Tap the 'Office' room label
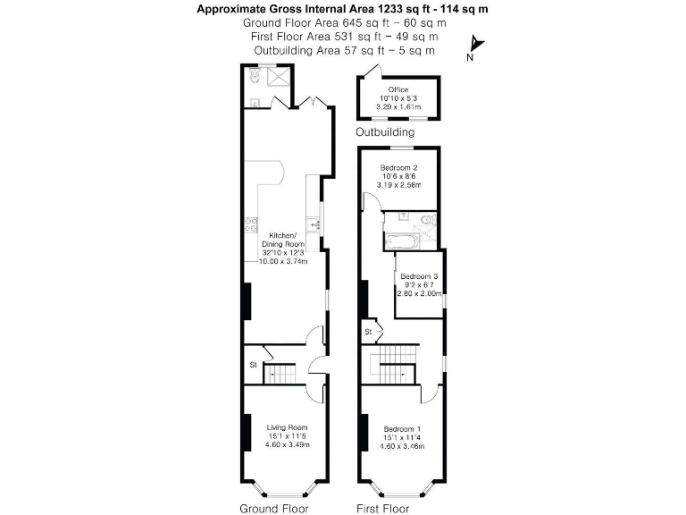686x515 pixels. [x=397, y=89]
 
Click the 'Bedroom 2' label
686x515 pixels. [x=399, y=168]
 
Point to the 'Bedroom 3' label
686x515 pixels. [x=419, y=276]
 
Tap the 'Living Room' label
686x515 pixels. [x=287, y=427]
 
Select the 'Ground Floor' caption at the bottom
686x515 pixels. [x=273, y=509]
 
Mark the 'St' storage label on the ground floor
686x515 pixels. [x=254, y=365]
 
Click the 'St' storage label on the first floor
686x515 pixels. [x=367, y=333]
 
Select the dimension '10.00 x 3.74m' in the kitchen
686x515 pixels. [x=284, y=262]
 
